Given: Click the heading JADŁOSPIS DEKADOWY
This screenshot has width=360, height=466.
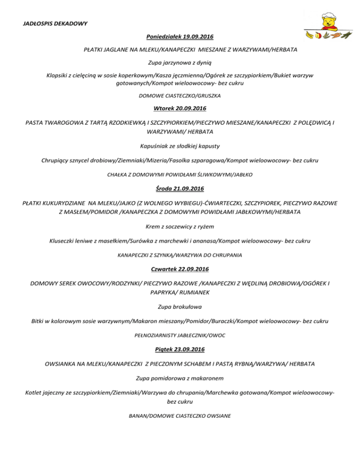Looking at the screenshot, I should tap(49, 23).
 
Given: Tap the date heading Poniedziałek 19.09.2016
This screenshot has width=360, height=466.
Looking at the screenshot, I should tap(180, 36).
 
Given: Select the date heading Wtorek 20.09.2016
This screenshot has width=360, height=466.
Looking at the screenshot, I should tap(180, 109).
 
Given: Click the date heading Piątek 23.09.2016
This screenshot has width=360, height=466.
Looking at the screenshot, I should tap(180, 349).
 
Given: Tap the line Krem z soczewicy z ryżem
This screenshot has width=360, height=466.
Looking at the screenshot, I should tap(180, 226).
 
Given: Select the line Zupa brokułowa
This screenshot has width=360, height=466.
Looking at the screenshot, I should tap(180, 307).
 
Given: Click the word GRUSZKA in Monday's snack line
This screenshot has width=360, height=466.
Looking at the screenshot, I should tap(208, 96).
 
